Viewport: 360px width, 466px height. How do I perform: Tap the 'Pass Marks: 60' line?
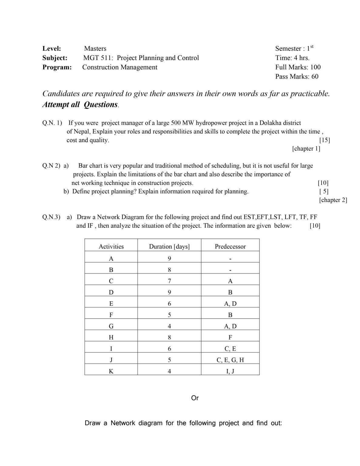pos(297,76)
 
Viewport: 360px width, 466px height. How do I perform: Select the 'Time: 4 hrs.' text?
pos(292,58)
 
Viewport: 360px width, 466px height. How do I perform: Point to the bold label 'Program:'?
pos(57,67)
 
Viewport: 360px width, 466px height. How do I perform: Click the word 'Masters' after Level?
pos(95,49)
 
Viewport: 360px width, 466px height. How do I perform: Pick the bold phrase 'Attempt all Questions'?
pos(80,105)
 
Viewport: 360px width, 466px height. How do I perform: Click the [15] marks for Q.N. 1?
pos(325,140)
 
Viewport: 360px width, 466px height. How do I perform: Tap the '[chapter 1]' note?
pos(306,149)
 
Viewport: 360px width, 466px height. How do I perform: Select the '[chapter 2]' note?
pos(333,200)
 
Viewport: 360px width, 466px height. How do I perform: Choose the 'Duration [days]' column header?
pos(169,247)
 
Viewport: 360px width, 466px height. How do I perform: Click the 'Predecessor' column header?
pos(230,247)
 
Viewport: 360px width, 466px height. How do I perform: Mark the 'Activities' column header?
pos(111,247)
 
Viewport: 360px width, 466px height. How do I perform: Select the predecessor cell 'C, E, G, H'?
pos(230,360)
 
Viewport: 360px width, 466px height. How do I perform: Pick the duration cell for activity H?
pos(169,337)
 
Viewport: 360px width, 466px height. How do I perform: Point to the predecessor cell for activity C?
pos(230,281)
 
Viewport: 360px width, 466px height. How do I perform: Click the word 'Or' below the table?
pos(195,398)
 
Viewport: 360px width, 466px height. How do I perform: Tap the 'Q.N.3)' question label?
pos(51,217)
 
